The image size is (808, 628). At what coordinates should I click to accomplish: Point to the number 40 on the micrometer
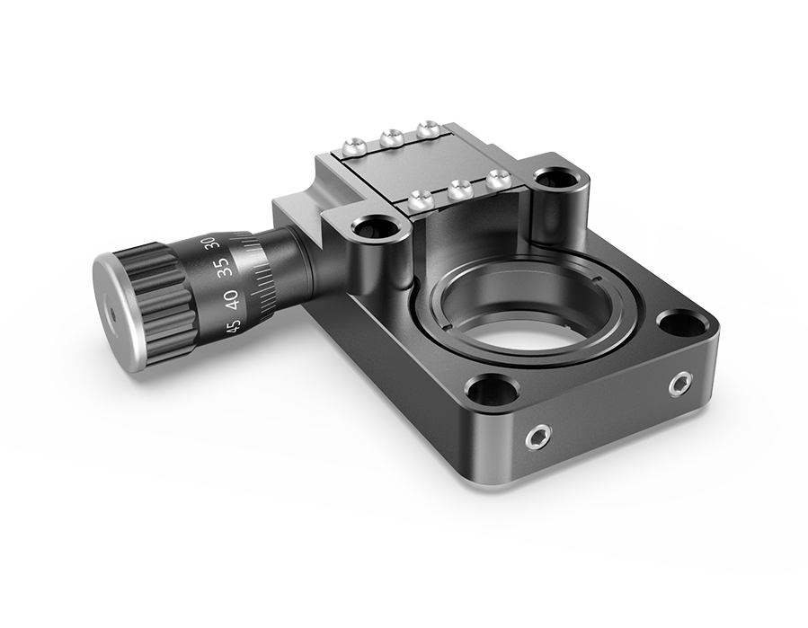pos(230,296)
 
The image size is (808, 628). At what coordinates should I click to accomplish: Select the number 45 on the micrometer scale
pos(234,325)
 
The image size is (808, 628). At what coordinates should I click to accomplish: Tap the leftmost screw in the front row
pos(416,200)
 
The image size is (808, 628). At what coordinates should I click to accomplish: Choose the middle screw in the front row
pos(458,189)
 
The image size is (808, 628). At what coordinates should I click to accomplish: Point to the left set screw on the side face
pos(537,438)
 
